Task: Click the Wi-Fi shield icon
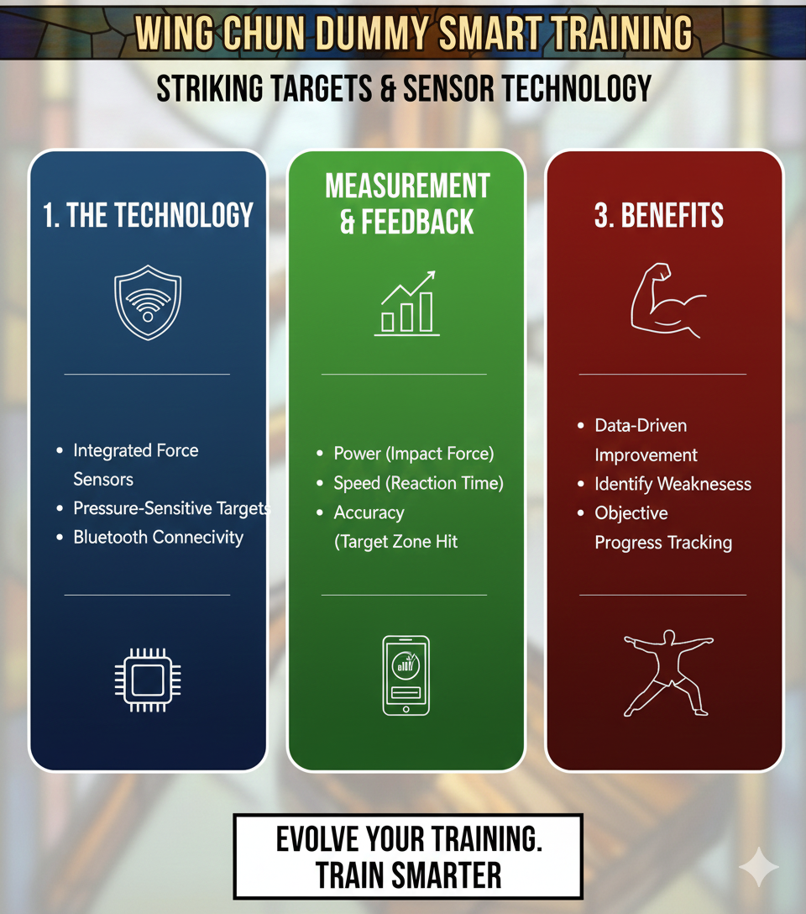tap(148, 302)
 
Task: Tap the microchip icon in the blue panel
tap(148, 680)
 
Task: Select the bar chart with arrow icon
tap(407, 303)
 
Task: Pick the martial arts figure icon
tap(667, 672)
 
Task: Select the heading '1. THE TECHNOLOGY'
tap(148, 215)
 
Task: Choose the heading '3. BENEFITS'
tap(659, 215)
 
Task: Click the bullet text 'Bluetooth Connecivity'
tap(158, 537)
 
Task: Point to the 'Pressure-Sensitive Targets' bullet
tap(171, 508)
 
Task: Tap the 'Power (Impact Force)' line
tap(413, 454)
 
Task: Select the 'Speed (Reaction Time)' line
tap(418, 483)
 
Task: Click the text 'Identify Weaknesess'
tap(673, 484)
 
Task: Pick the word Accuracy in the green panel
tap(369, 512)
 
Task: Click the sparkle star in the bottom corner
tap(758, 866)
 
